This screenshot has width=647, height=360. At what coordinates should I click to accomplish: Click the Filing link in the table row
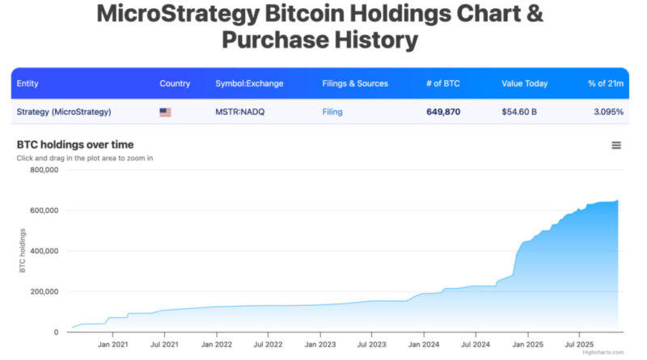click(x=332, y=112)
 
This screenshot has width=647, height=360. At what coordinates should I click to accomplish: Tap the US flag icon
click(x=165, y=112)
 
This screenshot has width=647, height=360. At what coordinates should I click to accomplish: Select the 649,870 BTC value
click(x=443, y=112)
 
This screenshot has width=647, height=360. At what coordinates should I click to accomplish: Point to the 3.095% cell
click(x=606, y=112)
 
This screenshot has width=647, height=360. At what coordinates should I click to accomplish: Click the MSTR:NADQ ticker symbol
click(x=239, y=112)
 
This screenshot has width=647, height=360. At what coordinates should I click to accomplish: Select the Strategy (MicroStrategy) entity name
click(x=64, y=112)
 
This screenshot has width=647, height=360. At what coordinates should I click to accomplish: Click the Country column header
click(x=175, y=83)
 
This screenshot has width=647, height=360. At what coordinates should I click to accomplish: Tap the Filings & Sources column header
click(x=355, y=83)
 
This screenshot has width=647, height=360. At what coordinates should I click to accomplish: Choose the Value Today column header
click(x=524, y=83)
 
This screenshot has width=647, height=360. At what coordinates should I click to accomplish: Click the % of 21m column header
click(x=605, y=83)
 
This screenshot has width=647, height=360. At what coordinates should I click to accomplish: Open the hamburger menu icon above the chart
click(x=616, y=145)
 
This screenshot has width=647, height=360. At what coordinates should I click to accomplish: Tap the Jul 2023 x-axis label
click(x=371, y=344)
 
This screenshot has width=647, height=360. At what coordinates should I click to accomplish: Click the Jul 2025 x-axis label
click(x=579, y=344)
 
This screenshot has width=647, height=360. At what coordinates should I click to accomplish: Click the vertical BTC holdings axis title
click(x=23, y=252)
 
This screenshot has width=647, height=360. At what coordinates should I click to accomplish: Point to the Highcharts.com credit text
click(x=603, y=353)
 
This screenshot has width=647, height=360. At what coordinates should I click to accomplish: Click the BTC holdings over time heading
click(x=75, y=145)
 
